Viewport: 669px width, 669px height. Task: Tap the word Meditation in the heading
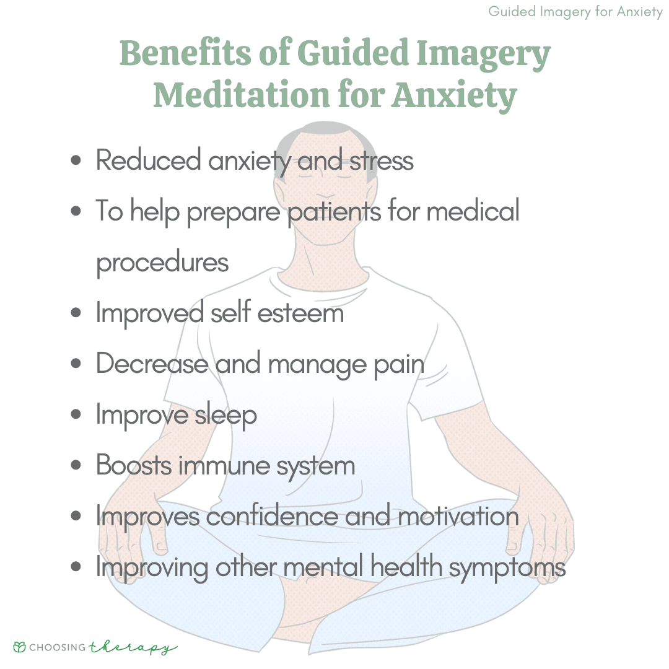click(242, 94)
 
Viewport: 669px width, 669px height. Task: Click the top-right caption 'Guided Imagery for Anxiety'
click(575, 12)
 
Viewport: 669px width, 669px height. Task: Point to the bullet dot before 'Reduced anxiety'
click(76, 160)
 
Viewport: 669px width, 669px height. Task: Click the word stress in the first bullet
click(382, 161)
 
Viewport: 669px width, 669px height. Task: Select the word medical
click(473, 211)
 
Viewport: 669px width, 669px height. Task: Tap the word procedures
click(162, 263)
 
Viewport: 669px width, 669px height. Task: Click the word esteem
click(300, 313)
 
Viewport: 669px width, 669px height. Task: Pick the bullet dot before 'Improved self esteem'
click(76, 313)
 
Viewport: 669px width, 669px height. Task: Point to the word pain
click(399, 365)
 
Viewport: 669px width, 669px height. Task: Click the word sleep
click(225, 414)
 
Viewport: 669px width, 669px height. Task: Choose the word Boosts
click(134, 465)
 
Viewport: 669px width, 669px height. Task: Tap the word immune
click(224, 465)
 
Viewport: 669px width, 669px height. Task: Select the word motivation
click(458, 516)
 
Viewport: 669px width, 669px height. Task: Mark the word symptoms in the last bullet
click(507, 568)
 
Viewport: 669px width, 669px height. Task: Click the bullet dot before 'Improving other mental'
click(76, 567)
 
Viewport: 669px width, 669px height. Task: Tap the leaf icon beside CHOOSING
click(19, 647)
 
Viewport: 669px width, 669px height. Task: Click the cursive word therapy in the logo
click(133, 648)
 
